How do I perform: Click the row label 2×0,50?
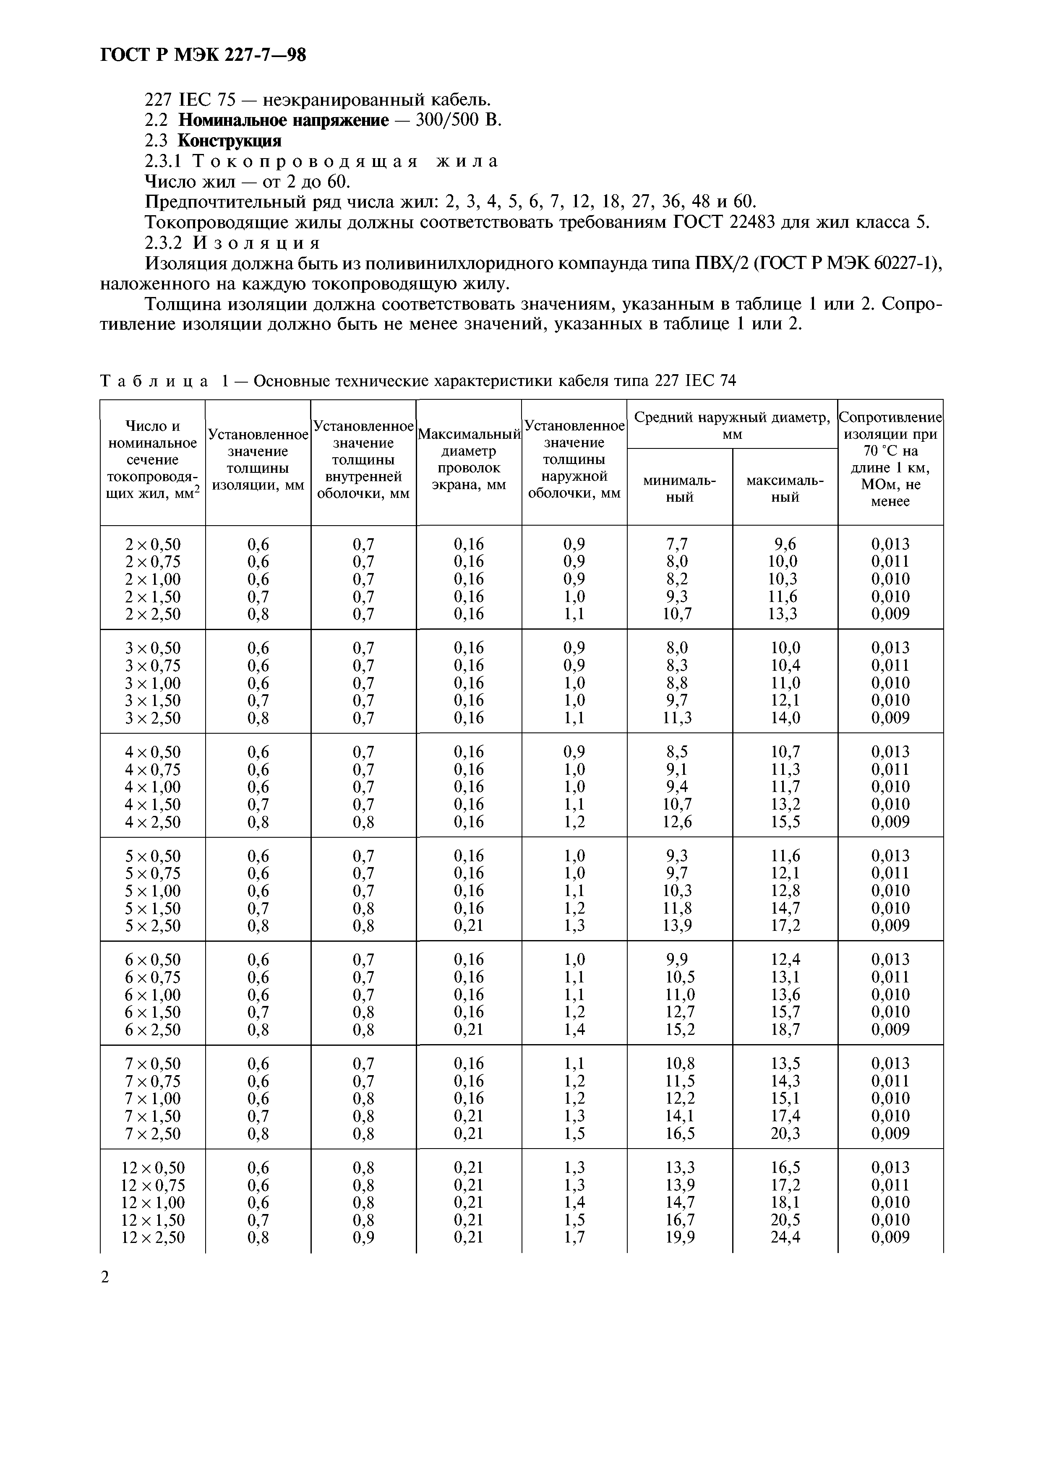point(153,545)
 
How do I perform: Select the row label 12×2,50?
point(153,1238)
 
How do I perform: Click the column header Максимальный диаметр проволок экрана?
point(469,460)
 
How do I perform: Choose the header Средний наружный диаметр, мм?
point(732,425)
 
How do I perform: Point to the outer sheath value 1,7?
point(574,1238)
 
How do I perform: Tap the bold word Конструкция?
point(229,141)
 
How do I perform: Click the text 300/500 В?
point(458,120)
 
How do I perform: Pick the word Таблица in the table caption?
point(154,381)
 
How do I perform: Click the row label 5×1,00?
point(153,891)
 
